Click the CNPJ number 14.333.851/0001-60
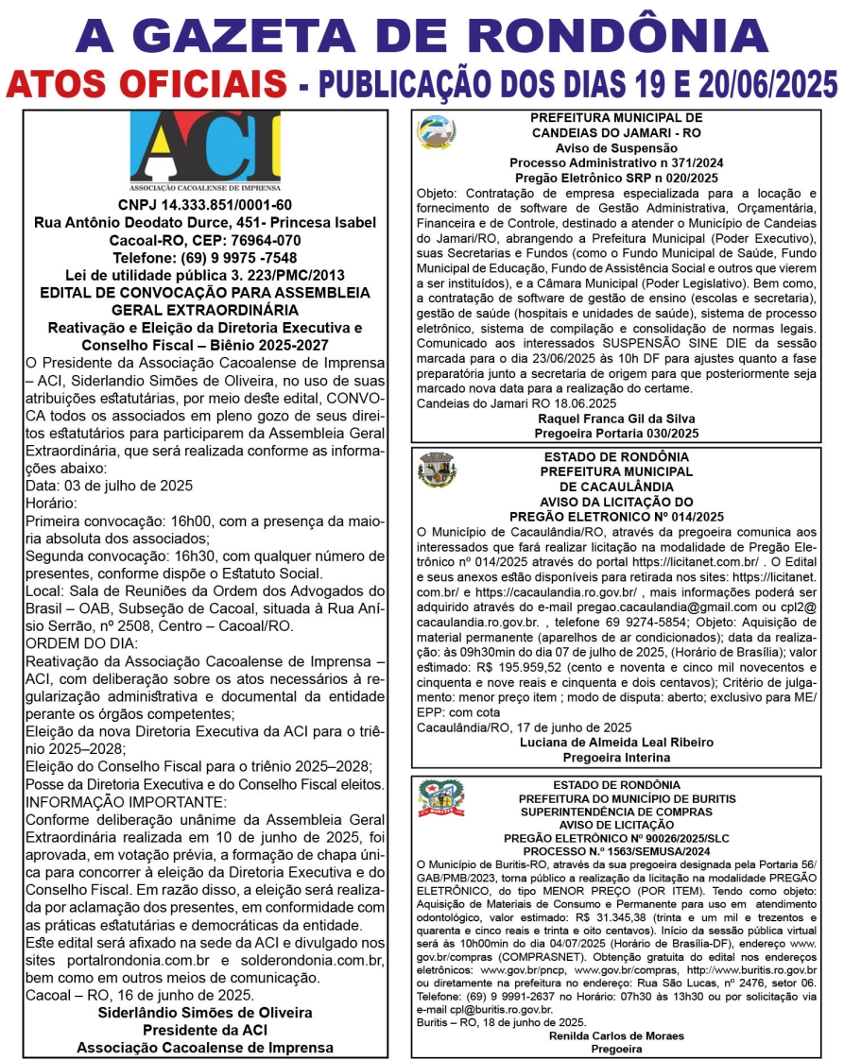(205, 205)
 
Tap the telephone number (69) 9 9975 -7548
(205, 258)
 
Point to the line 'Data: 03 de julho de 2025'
(109, 486)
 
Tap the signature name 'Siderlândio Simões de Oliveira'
(205, 1013)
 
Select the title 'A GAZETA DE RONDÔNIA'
(422, 35)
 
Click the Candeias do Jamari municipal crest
(435, 132)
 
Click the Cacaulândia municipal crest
(436, 470)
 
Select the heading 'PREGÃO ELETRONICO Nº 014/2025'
(616, 517)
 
